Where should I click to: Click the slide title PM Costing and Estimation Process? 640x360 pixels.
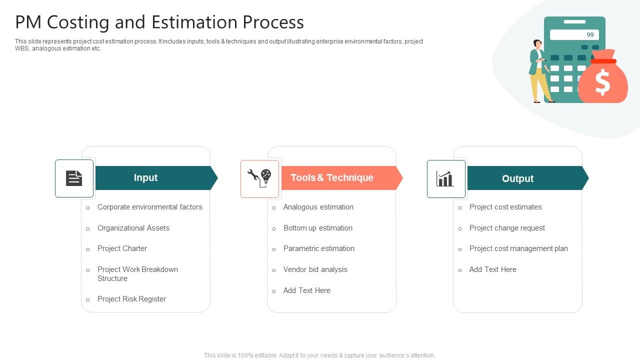click(159, 22)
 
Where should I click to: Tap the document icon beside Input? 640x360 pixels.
click(74, 178)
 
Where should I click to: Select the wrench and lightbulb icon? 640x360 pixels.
click(259, 178)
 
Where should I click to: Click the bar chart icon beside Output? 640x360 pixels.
click(445, 178)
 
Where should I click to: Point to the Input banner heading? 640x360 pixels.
click(145, 178)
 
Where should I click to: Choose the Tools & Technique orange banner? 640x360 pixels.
click(332, 178)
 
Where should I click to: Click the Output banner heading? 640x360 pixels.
click(517, 178)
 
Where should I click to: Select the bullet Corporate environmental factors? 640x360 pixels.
click(149, 207)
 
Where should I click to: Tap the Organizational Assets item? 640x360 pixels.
click(133, 228)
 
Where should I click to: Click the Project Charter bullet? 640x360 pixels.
click(122, 248)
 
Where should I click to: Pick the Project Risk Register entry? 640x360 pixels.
click(131, 299)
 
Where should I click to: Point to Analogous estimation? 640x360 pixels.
click(318, 207)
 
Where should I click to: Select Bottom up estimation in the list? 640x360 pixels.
click(317, 228)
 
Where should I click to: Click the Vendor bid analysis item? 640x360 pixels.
click(315, 269)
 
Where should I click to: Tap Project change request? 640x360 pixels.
click(507, 228)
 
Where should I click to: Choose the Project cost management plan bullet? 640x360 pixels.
click(518, 248)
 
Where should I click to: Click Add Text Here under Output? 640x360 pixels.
click(492, 269)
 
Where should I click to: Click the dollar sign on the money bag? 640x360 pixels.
click(602, 82)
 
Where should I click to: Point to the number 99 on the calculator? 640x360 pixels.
click(590, 35)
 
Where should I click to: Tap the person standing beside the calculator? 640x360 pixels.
click(539, 71)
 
